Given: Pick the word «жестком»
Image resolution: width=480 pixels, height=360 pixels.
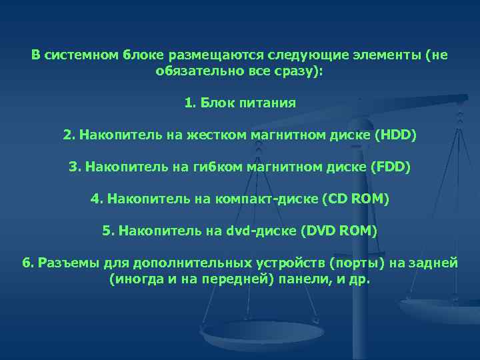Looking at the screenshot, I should (x=203, y=135).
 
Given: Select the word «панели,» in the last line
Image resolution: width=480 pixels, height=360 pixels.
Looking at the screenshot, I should (x=305, y=279).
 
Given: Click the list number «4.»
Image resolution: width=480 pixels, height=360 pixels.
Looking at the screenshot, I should (x=97, y=199).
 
